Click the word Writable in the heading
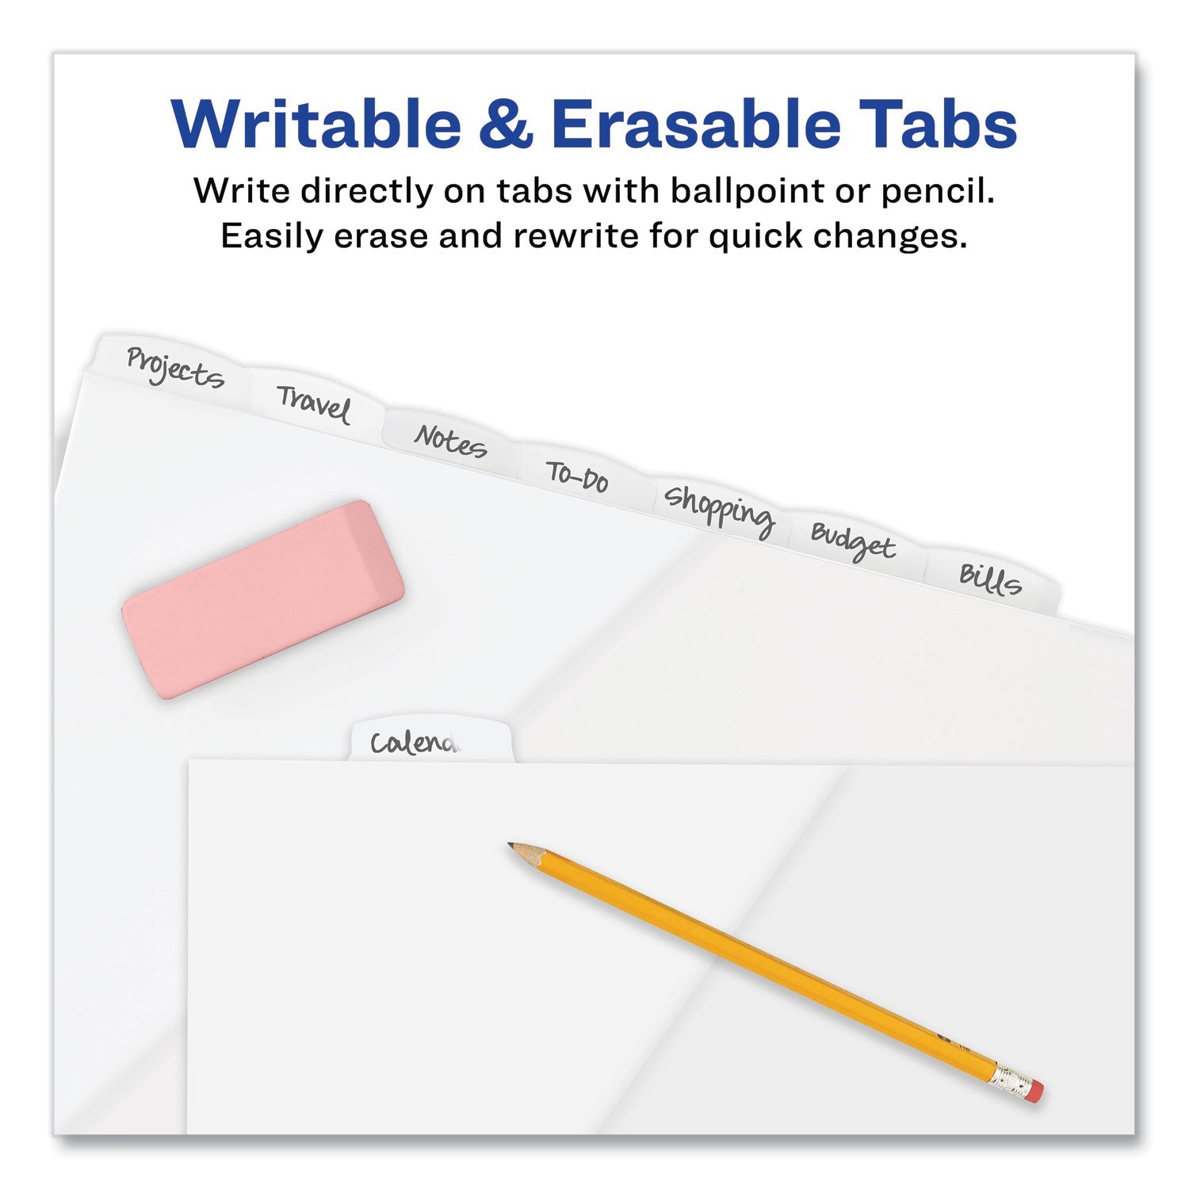click(315, 124)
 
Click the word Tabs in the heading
click(940, 124)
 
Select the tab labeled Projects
click(174, 368)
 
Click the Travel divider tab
click(314, 404)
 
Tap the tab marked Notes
click(450, 441)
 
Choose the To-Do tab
click(577, 476)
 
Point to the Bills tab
click(991, 579)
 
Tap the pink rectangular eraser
click(263, 599)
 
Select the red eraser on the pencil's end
click(1034, 1092)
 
